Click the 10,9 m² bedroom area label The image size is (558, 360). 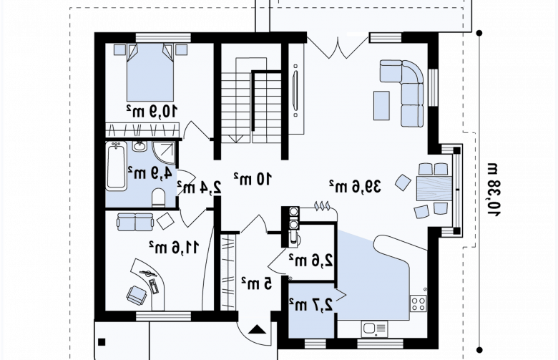pos(152,111)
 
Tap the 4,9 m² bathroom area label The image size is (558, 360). pos(150,172)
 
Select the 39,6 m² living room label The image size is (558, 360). pos(354,186)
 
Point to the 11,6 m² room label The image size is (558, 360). pos(174,247)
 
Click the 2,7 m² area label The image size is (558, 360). pos(310,305)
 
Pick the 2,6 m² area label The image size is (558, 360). pos(310,260)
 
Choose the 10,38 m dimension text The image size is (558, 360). pos(494,190)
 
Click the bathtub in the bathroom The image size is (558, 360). pos(117,166)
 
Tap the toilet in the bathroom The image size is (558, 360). pos(159,198)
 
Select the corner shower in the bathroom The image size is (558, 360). pos(165,153)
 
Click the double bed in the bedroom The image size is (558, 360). pos(150,72)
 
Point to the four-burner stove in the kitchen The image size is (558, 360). pos(418,303)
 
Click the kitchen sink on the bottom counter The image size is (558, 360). pos(375,329)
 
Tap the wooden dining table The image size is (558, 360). pos(434,188)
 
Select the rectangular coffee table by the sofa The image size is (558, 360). pos(381,105)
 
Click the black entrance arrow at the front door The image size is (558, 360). pos(257,329)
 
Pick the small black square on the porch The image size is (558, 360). pos(102,342)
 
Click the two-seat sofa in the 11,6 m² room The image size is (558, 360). pos(135,222)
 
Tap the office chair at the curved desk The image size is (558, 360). pos(137,295)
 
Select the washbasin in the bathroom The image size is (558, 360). pos(139,146)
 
